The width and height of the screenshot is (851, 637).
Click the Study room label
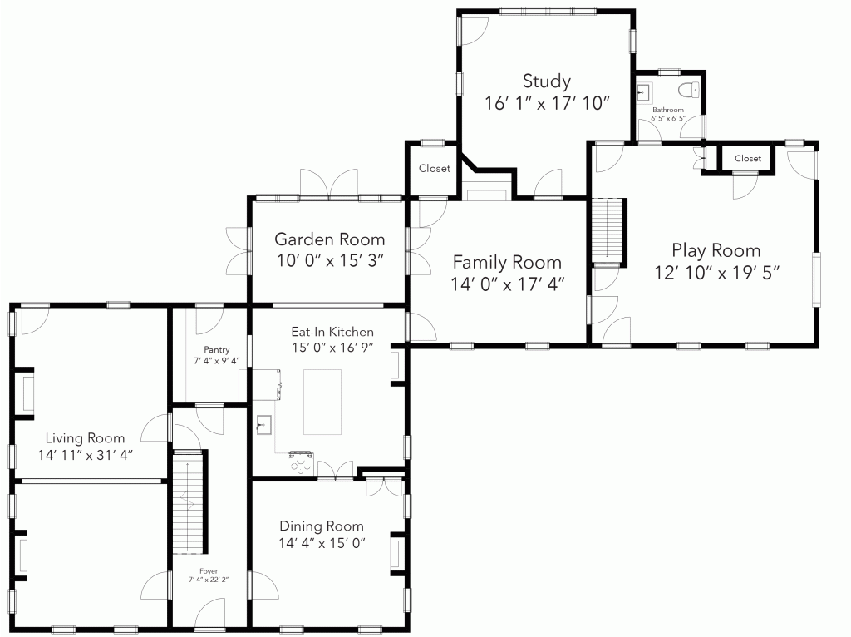[x=547, y=81]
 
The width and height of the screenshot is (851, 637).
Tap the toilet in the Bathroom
[x=689, y=90]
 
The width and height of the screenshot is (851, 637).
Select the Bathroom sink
[x=644, y=93]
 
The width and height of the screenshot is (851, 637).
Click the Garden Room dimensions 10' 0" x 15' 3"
[x=331, y=260]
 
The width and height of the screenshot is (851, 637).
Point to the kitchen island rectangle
[x=322, y=402]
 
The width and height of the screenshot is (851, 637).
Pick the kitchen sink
[x=263, y=425]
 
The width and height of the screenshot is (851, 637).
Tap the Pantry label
[x=217, y=350]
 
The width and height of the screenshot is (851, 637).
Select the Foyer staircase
[x=189, y=502]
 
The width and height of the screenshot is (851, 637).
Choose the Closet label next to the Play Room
[x=748, y=159]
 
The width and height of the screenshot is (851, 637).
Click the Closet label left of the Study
[x=434, y=168]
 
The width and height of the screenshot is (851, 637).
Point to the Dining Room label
[x=322, y=526]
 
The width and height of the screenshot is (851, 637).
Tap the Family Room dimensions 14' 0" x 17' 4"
[x=508, y=284]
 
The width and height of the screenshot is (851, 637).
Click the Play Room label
[x=716, y=250]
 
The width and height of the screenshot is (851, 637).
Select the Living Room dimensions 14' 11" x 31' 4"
[x=86, y=455]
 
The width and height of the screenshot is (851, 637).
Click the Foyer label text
[x=209, y=571]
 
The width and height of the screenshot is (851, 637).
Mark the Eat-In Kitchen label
[x=332, y=332]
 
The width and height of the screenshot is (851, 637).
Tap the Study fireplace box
[x=487, y=195]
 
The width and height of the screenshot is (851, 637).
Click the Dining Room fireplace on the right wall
[x=396, y=555]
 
